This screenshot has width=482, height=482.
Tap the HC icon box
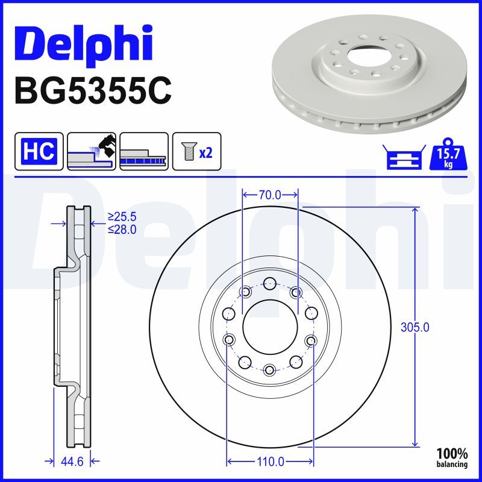pyautogui.click(x=39, y=151)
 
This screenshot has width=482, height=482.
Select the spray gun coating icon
pyautogui.click(x=92, y=151)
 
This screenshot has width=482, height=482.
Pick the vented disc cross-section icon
pyautogui.click(x=144, y=151)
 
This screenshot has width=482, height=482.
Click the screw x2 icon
pyautogui.click(x=197, y=151)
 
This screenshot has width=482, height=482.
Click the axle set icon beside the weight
pyautogui.click(x=404, y=157)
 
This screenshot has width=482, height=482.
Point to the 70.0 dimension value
pyautogui.click(x=270, y=195)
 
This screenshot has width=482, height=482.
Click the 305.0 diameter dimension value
pyautogui.click(x=415, y=328)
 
